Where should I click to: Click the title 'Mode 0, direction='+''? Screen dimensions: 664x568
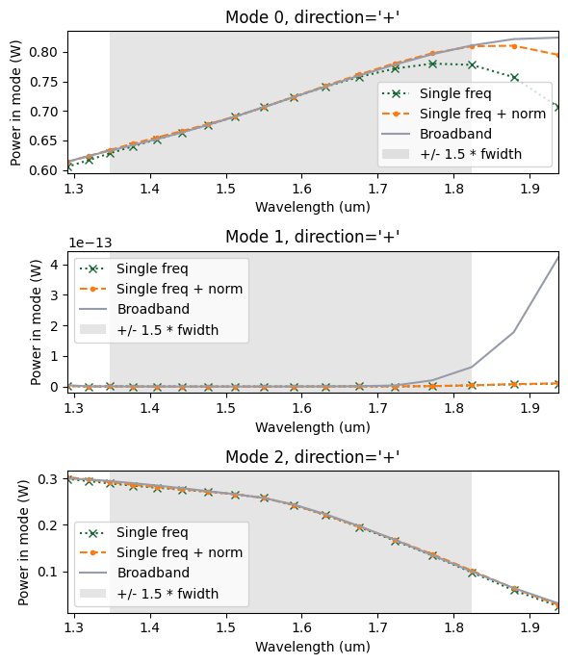(312, 17)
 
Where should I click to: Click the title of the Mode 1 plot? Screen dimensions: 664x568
(312, 237)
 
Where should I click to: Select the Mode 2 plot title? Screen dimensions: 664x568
(312, 456)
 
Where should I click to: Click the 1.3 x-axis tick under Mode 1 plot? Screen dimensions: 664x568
(74, 408)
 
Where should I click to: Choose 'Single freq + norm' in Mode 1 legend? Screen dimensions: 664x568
(179, 289)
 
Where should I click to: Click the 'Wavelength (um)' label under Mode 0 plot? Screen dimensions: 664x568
(312, 207)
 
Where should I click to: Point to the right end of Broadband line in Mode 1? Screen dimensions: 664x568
(558, 256)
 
